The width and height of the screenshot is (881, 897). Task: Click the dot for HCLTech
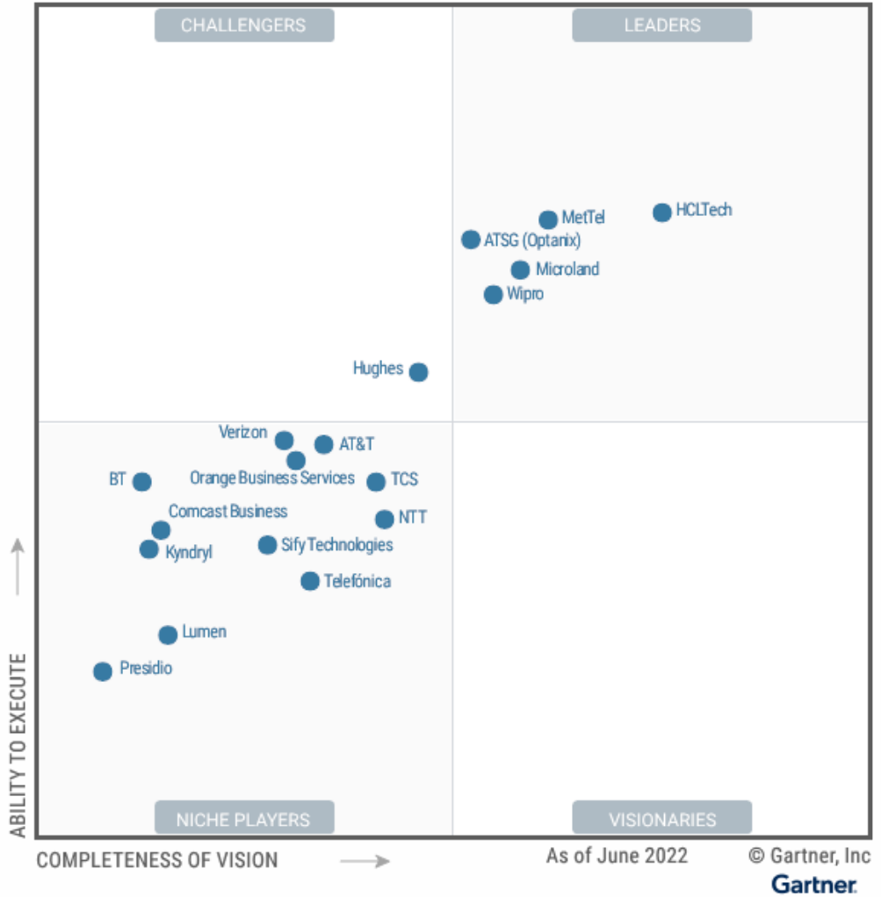(x=662, y=212)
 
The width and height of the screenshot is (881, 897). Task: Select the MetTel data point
(x=548, y=219)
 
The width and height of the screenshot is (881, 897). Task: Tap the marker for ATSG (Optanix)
(x=471, y=240)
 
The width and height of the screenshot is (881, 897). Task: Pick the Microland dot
(x=521, y=270)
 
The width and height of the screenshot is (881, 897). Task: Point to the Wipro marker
(x=494, y=295)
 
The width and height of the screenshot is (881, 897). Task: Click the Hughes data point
(x=419, y=372)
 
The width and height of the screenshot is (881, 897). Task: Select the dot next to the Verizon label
(x=284, y=441)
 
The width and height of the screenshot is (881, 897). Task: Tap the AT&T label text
(x=357, y=444)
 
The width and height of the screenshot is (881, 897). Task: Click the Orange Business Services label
(x=272, y=478)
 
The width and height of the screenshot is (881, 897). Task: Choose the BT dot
(x=142, y=482)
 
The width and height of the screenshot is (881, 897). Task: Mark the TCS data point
(x=376, y=482)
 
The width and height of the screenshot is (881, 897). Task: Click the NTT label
(x=413, y=518)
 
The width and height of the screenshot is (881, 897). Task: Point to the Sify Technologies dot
(x=268, y=545)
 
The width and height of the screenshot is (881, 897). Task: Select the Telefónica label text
(x=357, y=581)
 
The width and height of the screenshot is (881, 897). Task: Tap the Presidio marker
(x=104, y=671)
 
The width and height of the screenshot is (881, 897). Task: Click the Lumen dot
(x=168, y=635)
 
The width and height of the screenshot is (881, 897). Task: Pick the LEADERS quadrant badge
(x=662, y=25)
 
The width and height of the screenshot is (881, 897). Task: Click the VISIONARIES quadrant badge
(x=662, y=820)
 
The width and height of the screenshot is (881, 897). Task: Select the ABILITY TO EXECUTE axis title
(x=18, y=744)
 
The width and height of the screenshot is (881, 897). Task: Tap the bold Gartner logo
(x=814, y=883)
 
